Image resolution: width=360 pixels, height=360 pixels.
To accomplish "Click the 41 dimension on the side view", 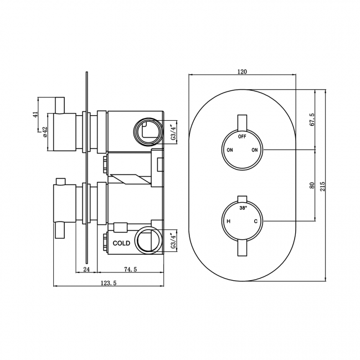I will click(x=35, y=114).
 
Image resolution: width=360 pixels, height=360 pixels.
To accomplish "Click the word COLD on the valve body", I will click(x=121, y=243).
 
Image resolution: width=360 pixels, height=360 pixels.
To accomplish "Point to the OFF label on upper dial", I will click(x=242, y=136).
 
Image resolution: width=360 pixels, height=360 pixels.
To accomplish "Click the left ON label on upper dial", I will click(x=229, y=150).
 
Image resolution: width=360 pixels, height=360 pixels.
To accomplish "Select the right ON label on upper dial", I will click(x=255, y=150).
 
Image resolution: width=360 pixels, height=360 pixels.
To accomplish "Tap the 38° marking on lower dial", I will click(x=243, y=208).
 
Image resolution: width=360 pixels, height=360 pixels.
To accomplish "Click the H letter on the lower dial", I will click(x=228, y=222).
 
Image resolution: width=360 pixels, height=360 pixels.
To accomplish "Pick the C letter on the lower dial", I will click(x=255, y=222).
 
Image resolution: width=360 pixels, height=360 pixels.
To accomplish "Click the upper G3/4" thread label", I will click(x=173, y=133).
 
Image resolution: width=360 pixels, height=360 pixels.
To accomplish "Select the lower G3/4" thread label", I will click(x=173, y=241).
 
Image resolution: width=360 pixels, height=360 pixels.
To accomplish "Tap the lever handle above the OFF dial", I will click(x=242, y=122).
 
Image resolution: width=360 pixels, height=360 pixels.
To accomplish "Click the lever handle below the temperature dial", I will click(x=242, y=248).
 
